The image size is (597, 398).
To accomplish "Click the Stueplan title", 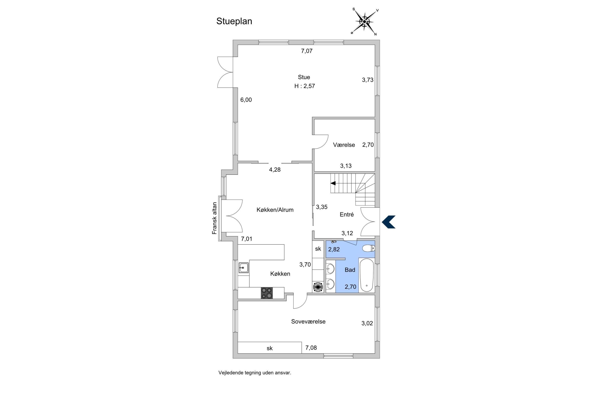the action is coord(234,21).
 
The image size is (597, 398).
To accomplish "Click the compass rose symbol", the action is coord(365,22).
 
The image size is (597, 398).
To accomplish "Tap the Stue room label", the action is coord(304,77).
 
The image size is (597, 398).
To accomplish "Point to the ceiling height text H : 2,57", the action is coord(304,86).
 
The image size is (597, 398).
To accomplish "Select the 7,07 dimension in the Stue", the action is coord(307,51).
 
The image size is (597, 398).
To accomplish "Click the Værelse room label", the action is coord(344,145).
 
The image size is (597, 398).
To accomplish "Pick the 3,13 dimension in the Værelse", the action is coord(346,166).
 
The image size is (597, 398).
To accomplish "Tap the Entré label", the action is coord(346,215).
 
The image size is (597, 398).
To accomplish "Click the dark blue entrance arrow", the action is coord(389,222).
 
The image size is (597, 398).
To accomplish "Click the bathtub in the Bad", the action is coord(366,275).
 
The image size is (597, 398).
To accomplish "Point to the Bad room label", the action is coord(350,270).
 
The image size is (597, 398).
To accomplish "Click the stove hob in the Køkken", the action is coord(267,293).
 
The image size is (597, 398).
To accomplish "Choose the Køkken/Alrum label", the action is coord(275,210).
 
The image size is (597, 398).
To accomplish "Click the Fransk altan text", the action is coord(215,218).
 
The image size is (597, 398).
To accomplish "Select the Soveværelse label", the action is coord(308,322).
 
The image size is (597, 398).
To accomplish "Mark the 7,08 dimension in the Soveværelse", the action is coord(311,348).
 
